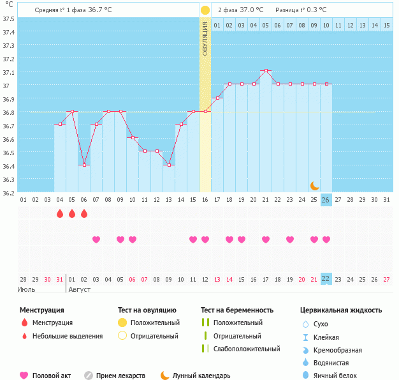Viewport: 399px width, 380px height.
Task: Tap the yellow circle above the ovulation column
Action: pos(205,10)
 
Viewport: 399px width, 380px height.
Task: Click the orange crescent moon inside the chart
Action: pos(315,185)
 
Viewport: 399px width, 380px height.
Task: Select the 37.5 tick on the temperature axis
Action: pos(9,19)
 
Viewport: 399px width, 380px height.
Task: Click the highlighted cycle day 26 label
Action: pos(326,200)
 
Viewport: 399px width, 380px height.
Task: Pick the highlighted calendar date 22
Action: pos(326,278)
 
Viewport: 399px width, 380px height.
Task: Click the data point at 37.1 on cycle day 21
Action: pos(266,70)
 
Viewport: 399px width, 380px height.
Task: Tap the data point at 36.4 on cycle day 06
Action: pos(84,165)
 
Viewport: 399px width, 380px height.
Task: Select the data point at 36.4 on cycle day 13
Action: pos(169,165)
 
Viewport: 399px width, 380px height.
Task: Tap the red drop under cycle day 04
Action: pos(60,213)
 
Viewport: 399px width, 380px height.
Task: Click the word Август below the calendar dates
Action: pos(79,289)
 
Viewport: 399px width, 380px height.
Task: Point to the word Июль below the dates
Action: pos(26,289)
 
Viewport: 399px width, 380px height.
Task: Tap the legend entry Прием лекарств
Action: pos(120,376)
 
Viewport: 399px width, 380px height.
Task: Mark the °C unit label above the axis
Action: pos(9,4)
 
